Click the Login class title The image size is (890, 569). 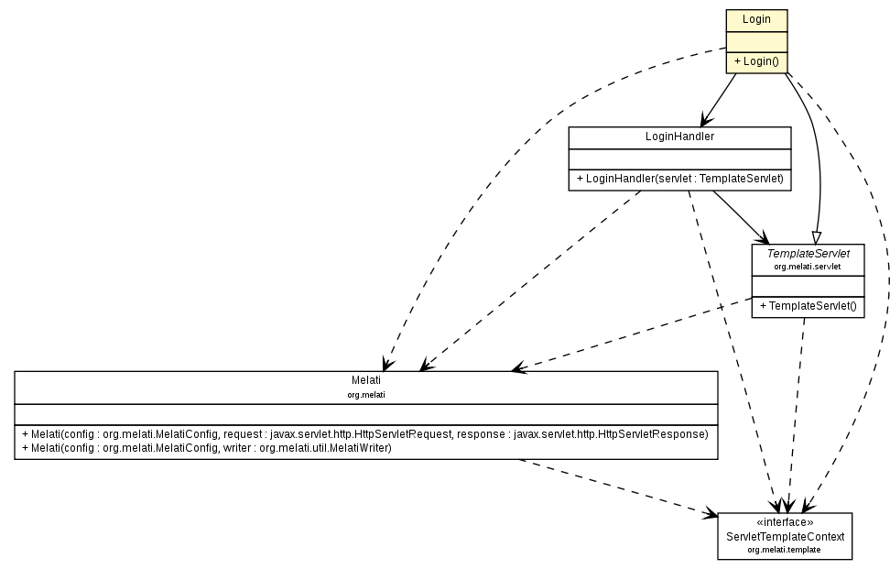click(x=756, y=19)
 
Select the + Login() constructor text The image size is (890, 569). click(x=756, y=61)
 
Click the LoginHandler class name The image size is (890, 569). click(x=679, y=137)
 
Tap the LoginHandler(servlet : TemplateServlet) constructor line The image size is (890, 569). click(x=679, y=179)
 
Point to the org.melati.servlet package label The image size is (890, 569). click(x=808, y=267)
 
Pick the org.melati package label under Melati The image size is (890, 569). click(x=365, y=394)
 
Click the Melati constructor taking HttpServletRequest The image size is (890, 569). click(x=365, y=433)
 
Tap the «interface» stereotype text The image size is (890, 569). click(x=785, y=522)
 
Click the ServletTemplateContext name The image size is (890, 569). click(x=785, y=535)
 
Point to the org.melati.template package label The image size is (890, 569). click(x=785, y=549)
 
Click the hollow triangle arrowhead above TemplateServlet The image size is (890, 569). click(x=816, y=237)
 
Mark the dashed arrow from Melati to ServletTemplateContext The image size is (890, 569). click(x=623, y=487)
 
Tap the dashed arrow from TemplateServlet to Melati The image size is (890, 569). click(x=632, y=334)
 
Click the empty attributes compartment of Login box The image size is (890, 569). click(x=756, y=40)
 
